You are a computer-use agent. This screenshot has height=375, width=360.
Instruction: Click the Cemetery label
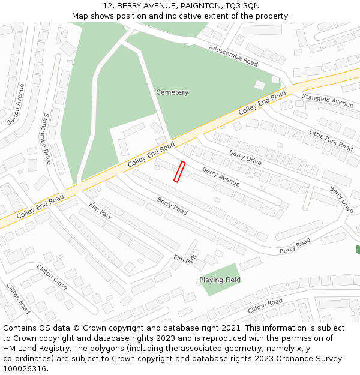[x=172, y=92]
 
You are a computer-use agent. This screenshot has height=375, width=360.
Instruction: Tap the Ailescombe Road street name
[x=233, y=55]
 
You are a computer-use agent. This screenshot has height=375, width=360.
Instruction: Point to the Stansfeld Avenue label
[x=328, y=100]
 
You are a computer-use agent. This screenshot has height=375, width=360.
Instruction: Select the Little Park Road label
[x=331, y=139]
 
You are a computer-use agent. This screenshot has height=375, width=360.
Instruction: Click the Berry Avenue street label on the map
[x=221, y=176]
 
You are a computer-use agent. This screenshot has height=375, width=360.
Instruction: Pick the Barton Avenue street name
[x=16, y=104]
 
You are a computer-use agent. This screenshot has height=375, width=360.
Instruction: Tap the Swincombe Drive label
[x=47, y=139]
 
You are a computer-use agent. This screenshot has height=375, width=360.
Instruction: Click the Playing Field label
[x=220, y=280]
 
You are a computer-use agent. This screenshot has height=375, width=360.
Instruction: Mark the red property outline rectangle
[x=179, y=171]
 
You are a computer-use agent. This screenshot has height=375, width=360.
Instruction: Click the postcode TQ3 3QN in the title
[x=242, y=5]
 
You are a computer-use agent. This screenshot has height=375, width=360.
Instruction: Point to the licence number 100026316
[x=25, y=369]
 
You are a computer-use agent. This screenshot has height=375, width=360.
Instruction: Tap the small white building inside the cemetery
[x=260, y=85]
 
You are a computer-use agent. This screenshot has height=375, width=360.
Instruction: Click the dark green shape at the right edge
[x=358, y=250]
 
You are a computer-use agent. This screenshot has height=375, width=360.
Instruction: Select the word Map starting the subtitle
[x=80, y=16]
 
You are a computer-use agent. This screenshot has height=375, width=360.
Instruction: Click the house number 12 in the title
[x=107, y=5]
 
